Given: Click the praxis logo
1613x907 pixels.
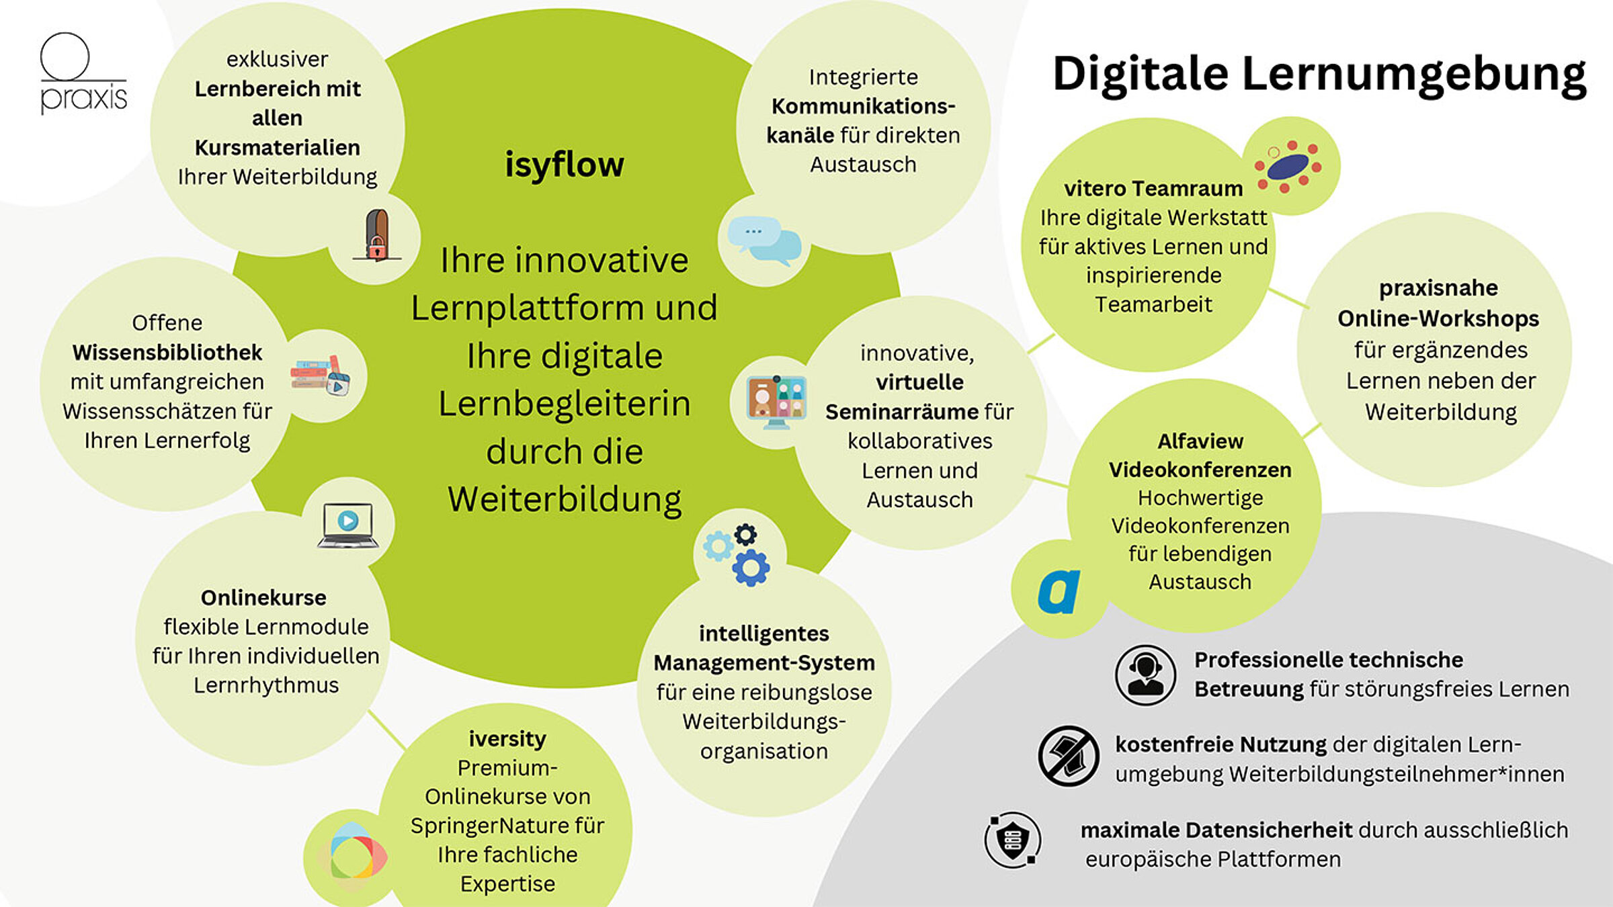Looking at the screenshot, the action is click(83, 73).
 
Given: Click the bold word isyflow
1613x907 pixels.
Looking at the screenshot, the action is click(565, 165).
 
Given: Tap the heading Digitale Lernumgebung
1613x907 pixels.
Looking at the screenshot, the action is click(1319, 75).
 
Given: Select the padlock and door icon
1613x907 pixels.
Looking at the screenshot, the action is click(378, 234).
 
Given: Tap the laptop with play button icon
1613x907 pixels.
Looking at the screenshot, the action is click(347, 525).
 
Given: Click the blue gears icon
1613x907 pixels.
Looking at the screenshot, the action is click(737, 555).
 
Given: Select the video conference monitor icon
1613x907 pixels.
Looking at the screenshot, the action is click(776, 402).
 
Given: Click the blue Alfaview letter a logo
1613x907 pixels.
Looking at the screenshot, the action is click(1059, 591).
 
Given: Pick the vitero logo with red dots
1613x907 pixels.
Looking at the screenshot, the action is click(1288, 167).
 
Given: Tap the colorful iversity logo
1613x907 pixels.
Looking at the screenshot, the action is click(351, 857).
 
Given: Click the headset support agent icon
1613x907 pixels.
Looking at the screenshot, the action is click(1146, 675).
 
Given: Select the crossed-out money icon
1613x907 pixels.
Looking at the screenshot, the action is click(1069, 756).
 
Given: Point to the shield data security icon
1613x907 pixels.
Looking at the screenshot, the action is click(1013, 840).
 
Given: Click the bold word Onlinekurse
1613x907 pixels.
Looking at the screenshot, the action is click(263, 597).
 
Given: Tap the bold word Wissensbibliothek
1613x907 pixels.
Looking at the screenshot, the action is click(167, 352).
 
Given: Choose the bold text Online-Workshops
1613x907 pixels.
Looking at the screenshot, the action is click(1438, 318).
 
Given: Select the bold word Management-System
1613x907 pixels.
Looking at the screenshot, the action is click(764, 663).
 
